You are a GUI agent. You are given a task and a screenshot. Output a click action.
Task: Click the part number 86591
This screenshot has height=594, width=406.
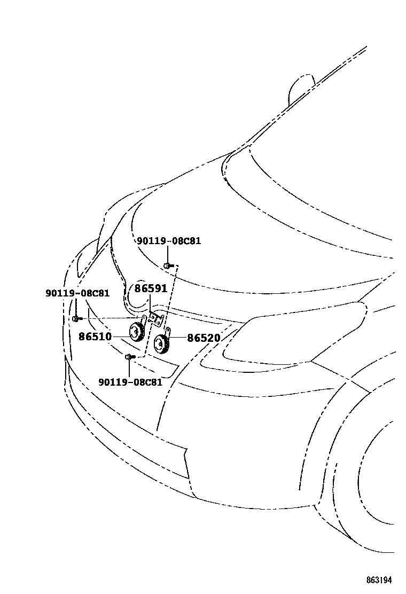[x=151, y=289]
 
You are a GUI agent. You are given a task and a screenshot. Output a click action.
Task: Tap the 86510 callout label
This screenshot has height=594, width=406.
[x=95, y=337]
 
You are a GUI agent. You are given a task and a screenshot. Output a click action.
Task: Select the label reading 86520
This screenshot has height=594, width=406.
[x=204, y=338]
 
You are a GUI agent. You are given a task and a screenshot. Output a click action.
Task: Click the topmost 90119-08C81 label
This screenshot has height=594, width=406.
[x=169, y=241]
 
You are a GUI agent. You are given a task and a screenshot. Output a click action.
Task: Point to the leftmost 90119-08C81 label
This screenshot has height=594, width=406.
[x=77, y=293]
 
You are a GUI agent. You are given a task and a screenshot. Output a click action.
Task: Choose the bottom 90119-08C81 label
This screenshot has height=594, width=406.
[x=130, y=382]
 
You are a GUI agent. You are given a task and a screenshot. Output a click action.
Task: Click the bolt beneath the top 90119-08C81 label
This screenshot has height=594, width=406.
[x=167, y=265]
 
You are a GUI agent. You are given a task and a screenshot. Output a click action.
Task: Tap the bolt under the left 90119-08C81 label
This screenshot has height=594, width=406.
[x=76, y=319]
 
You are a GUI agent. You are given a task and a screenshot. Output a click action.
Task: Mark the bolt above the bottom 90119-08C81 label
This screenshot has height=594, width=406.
[x=128, y=357]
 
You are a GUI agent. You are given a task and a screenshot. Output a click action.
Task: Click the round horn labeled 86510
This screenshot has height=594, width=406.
[x=136, y=333]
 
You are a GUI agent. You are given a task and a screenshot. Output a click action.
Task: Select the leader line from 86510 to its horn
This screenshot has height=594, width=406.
[x=120, y=336]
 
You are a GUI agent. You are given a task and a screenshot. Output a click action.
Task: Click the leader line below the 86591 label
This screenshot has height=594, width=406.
[x=151, y=303]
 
